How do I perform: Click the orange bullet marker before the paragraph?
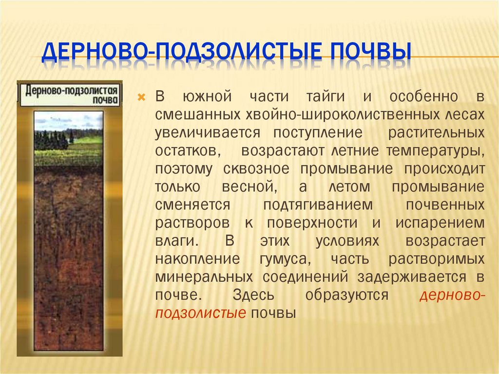point(142,97)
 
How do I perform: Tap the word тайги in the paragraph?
point(325,97)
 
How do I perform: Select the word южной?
point(202,97)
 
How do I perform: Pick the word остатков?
point(186,151)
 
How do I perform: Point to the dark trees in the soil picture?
point(51,140)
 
